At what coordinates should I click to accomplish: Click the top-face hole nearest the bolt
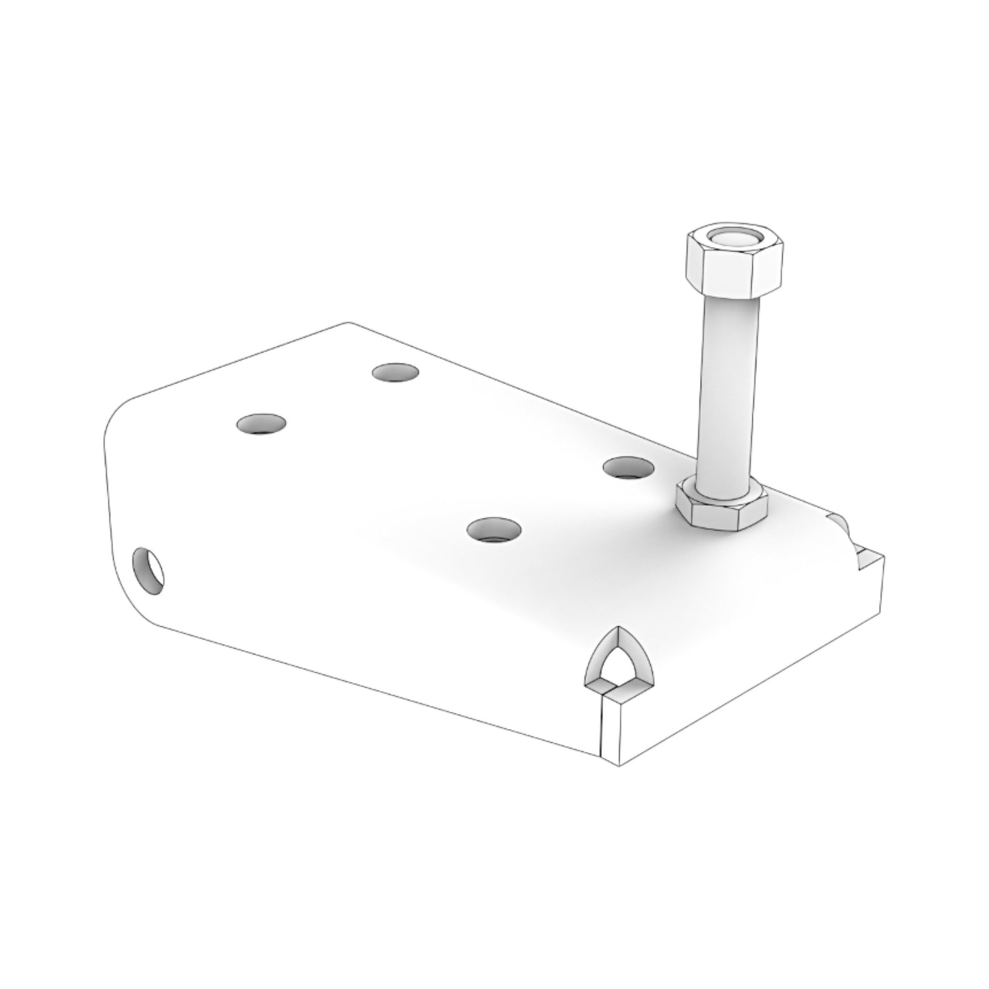(x=628, y=467)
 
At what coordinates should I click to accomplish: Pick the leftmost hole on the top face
(x=261, y=424)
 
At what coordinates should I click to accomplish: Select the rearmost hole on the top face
(x=395, y=372)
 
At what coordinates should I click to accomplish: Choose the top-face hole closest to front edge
(x=493, y=530)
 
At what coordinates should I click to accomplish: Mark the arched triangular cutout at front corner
(x=620, y=660)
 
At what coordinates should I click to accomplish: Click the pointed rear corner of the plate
(x=348, y=322)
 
